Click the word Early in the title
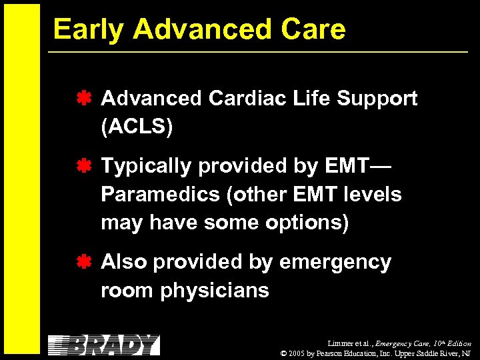click(87, 29)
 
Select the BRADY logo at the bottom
click(104, 345)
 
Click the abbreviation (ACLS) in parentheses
click(137, 127)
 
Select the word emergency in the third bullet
click(335, 263)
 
